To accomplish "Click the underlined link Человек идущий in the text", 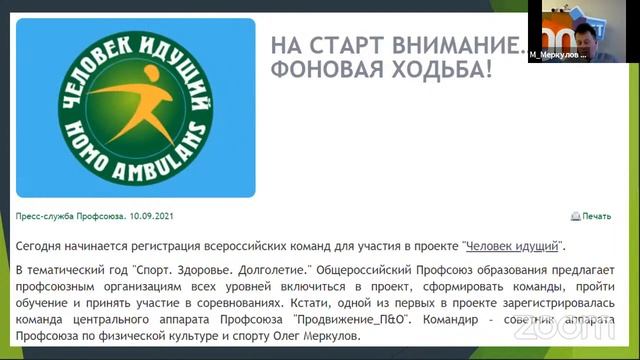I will coord(511,245).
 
